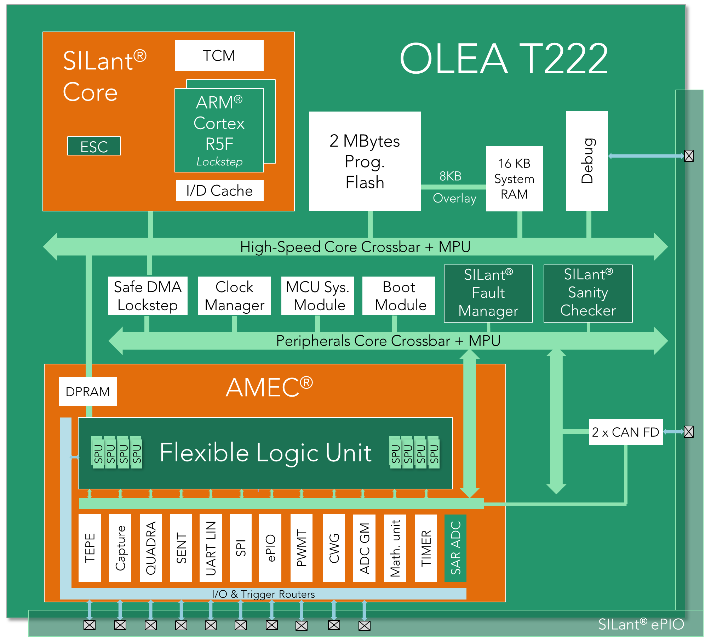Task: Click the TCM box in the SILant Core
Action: pos(219,56)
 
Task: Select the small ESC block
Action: pos(94,146)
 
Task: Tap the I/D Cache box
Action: pos(219,191)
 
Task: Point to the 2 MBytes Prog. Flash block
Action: pos(365,161)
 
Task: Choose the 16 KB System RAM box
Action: pos(514,178)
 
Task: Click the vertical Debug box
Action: pos(587,161)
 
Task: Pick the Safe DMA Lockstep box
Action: pos(148,296)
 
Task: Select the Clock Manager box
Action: pos(234,296)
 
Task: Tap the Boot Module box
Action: pos(399,296)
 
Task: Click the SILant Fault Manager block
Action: pos(488,294)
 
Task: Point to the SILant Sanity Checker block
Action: pos(588,294)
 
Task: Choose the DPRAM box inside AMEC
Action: pos(88,391)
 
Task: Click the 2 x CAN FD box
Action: pos(626,432)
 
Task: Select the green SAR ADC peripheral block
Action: pos(455,548)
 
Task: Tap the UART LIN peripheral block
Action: pos(211,548)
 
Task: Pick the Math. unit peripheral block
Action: pos(395,548)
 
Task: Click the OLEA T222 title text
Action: pos(504,58)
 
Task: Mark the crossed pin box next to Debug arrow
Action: pos(689,156)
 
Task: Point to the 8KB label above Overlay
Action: pos(451,176)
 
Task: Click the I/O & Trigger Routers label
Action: pos(263,594)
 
